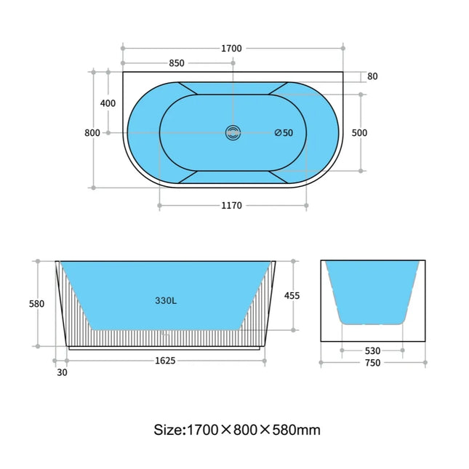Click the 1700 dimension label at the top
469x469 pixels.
231,49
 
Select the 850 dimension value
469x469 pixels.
177,63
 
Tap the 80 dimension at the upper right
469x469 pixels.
372,76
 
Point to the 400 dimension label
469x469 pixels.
108,103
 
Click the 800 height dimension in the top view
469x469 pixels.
92,133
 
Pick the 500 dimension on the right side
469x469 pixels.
359,133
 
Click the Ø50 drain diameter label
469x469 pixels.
284,133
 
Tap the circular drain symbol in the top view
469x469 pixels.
233,132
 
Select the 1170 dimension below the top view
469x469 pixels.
231,206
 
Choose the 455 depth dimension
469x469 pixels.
292,296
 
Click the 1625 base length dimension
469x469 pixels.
165,360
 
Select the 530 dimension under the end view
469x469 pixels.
372,351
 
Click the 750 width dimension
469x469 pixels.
372,363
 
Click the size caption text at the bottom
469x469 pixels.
237,430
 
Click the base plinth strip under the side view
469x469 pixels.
165,348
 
